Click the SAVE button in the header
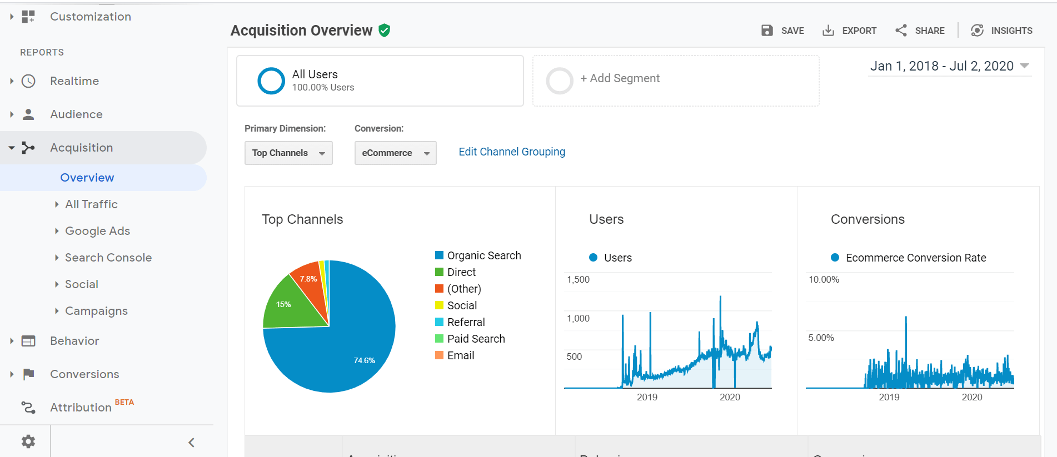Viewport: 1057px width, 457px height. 782,31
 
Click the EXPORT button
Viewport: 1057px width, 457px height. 849,31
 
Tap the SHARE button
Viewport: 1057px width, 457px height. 920,31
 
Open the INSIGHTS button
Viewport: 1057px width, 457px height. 1001,31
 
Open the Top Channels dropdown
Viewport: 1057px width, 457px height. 288,153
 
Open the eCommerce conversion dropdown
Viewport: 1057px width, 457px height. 395,153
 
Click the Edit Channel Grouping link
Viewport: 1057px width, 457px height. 511,152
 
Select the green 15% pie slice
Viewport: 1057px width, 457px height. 289,305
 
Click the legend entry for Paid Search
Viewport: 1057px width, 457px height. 476,339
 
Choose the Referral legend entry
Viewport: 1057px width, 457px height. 466,322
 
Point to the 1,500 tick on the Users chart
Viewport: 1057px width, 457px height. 578,279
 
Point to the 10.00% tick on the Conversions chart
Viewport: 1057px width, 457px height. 824,279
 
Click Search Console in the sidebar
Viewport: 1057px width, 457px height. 108,258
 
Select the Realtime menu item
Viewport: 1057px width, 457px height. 74,81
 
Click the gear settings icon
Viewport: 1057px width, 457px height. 28,441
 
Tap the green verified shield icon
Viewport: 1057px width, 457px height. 384,31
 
